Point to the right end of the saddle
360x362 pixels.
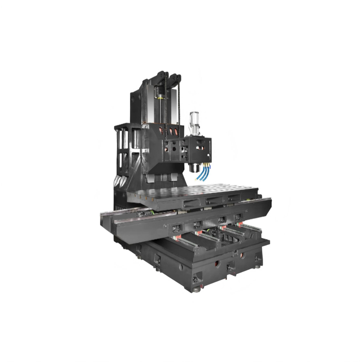coord(266,204)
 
